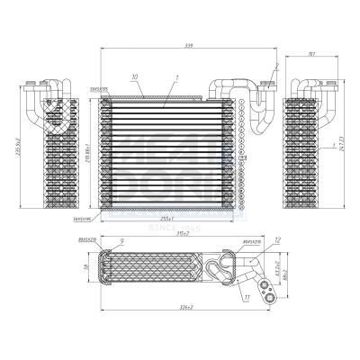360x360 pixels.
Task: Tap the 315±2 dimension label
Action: click(x=183, y=234)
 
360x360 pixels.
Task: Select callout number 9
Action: click(x=121, y=239)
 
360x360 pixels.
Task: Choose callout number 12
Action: click(x=278, y=239)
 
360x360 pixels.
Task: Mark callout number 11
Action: click(x=247, y=296)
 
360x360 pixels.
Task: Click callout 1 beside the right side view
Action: click(x=333, y=144)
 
